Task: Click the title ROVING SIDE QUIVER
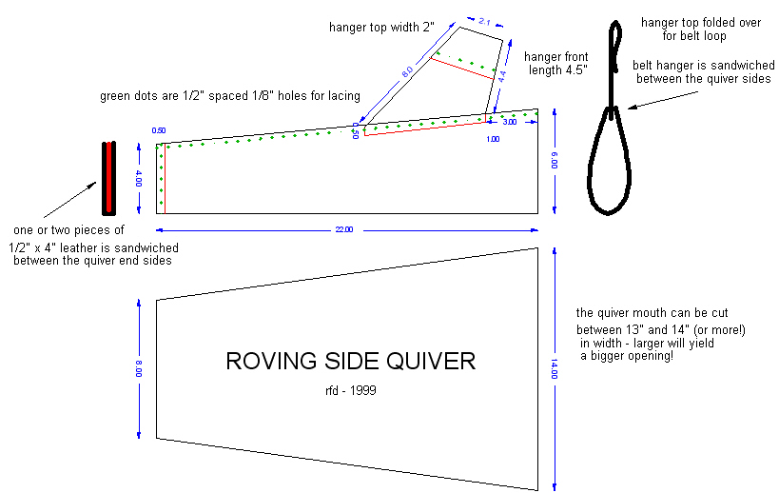[x=349, y=362]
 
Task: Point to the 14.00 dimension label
[x=554, y=367]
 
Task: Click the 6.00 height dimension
[x=554, y=162]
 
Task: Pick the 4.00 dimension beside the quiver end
[x=139, y=178]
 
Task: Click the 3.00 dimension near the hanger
[x=509, y=123]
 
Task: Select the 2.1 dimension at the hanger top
[x=483, y=20]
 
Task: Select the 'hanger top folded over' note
[x=684, y=29]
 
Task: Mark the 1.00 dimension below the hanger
[x=493, y=139]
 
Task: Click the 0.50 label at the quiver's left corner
[x=158, y=130]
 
